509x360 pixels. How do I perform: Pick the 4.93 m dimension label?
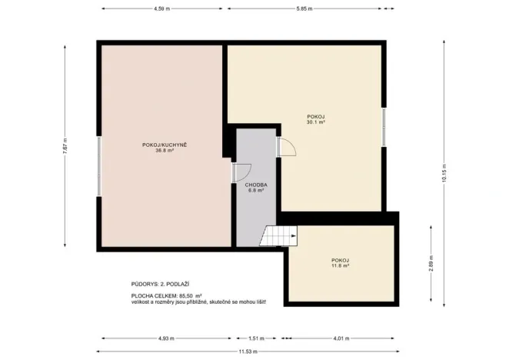click(166, 338)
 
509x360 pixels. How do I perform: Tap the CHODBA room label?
click(255, 185)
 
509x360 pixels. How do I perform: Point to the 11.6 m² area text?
click(340, 267)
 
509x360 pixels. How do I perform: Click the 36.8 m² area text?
click(164, 151)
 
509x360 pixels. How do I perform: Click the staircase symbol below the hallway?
click(277, 235)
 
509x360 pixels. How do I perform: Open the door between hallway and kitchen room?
click(241, 174)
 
